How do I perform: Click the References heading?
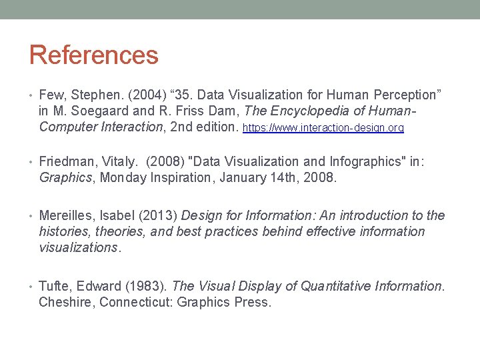94,55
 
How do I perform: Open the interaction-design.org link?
323,127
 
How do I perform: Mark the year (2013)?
157,215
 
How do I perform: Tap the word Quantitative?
341,286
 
